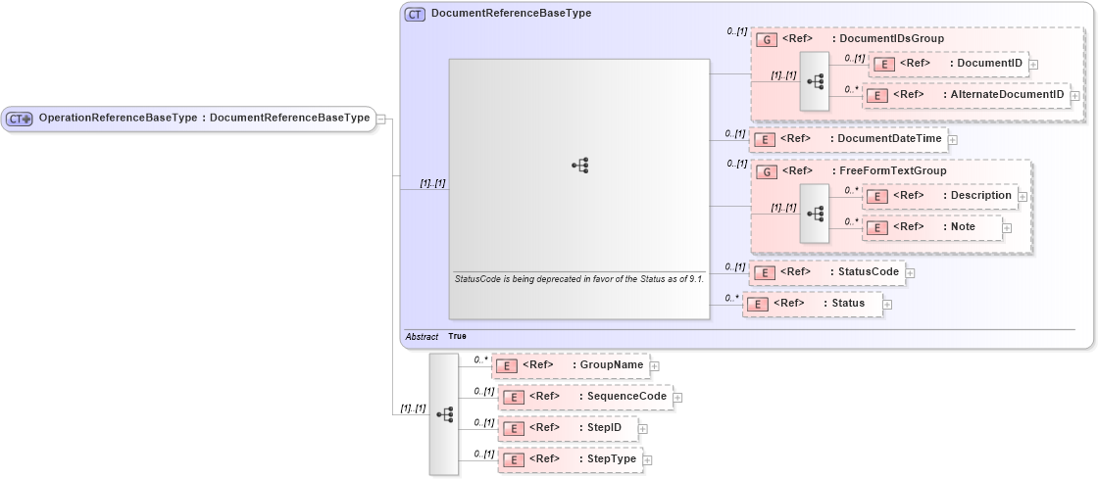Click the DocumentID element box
point(949,64)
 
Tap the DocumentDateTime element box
point(848,139)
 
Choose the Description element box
point(938,196)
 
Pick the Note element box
point(931,227)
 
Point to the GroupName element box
point(570,365)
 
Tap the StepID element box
point(568,428)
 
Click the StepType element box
point(569,459)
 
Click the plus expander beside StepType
point(647,460)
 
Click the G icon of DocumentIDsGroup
point(769,40)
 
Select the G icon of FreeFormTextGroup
point(769,171)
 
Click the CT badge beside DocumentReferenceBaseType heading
point(415,14)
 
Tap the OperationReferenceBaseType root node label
point(203,119)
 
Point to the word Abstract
point(422,336)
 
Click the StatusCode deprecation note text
point(578,279)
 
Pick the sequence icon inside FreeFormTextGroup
point(815,212)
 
